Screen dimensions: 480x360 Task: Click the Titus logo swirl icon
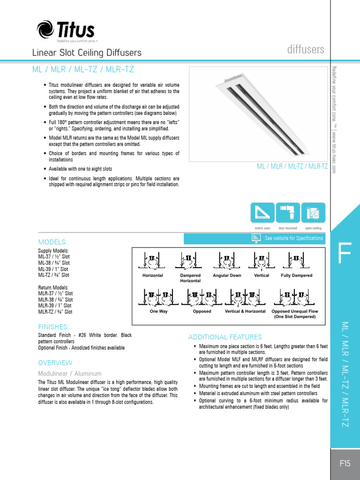tap(45, 30)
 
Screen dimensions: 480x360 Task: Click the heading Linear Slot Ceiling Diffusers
tap(87, 53)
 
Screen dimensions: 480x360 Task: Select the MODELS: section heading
tap(52, 242)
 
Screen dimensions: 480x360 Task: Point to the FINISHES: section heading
tap(53, 326)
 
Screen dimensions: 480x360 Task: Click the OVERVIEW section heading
tap(55, 362)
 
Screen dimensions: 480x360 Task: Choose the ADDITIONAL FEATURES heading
tap(225, 337)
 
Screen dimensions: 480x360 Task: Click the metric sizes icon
tap(262, 213)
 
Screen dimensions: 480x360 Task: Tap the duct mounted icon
tap(287, 213)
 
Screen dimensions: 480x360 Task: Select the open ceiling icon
tap(313, 213)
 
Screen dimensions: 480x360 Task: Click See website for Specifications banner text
tap(293, 238)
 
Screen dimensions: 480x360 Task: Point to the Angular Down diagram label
tap(227, 276)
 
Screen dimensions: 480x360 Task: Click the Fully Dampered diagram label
tap(296, 276)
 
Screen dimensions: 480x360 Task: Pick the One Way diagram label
tap(158, 311)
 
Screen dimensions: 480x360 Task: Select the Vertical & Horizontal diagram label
tap(245, 311)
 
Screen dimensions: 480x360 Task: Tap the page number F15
tap(345, 464)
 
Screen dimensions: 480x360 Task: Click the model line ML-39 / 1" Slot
tap(53, 269)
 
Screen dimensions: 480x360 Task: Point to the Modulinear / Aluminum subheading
tap(69, 374)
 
